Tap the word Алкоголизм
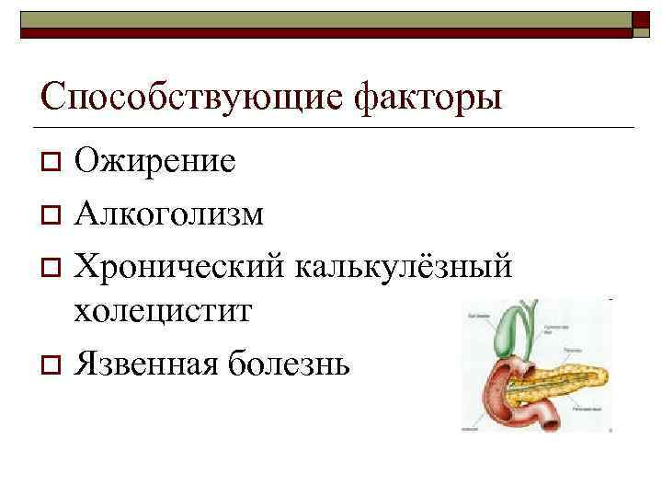(x=170, y=214)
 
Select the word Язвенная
(x=144, y=364)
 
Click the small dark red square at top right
(x=640, y=22)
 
